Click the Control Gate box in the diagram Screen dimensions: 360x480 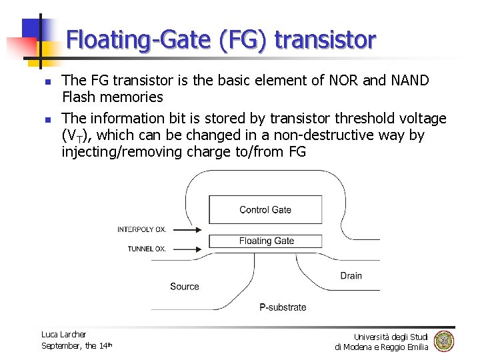(x=265, y=209)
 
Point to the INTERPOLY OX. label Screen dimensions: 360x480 (x=142, y=230)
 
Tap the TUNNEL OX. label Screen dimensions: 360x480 (x=147, y=249)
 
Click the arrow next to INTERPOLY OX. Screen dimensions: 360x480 (x=187, y=230)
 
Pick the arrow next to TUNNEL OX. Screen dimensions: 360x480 (x=187, y=249)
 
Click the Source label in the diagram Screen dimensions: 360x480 (x=185, y=287)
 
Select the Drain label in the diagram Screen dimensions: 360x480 (x=351, y=275)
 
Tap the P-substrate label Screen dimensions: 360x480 (x=283, y=307)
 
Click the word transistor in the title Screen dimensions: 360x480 (x=325, y=41)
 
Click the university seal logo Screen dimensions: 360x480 (x=444, y=341)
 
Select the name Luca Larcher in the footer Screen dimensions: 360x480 (x=64, y=334)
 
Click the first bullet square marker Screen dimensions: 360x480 (x=47, y=82)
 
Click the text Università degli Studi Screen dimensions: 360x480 (x=391, y=337)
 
